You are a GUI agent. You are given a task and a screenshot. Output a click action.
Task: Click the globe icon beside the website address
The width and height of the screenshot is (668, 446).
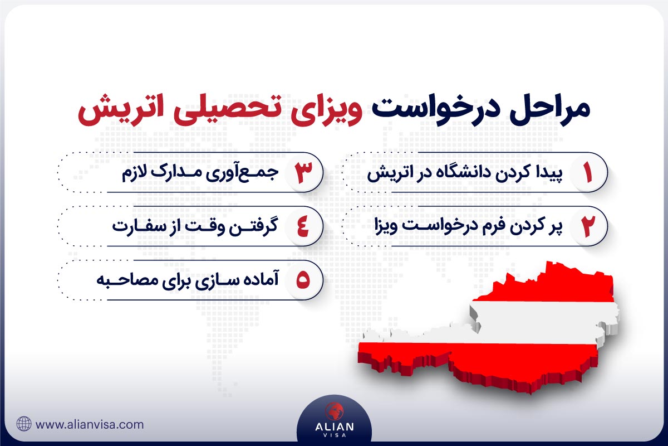pos(24,424)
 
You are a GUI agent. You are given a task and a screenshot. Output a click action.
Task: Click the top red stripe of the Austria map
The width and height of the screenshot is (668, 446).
pos(557,284)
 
